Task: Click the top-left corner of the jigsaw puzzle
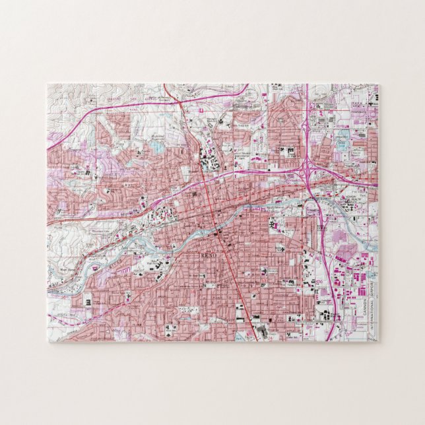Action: tap(48, 84)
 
